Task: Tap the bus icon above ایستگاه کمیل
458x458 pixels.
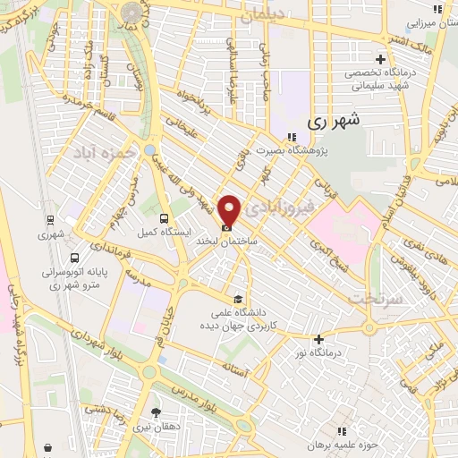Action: click(162, 218)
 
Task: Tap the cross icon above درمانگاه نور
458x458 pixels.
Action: click(318, 339)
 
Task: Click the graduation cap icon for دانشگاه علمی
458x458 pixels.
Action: click(237, 299)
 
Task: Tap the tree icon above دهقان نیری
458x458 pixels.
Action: click(157, 412)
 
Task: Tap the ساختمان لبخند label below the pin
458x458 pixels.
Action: click(233, 242)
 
